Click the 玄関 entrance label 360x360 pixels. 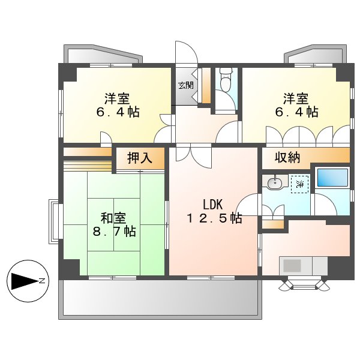point(185,85)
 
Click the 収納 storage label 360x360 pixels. point(287,158)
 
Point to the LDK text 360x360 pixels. point(213,203)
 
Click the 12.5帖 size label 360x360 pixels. point(214,218)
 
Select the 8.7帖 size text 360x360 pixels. point(113,231)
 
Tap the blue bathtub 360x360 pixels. point(332,178)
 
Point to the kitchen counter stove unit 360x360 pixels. point(304,265)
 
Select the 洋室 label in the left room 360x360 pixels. point(117,98)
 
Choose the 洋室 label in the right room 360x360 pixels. point(296,98)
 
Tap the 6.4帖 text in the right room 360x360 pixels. point(296,112)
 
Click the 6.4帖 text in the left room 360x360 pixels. point(117,112)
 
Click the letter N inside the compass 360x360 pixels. point(41,280)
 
